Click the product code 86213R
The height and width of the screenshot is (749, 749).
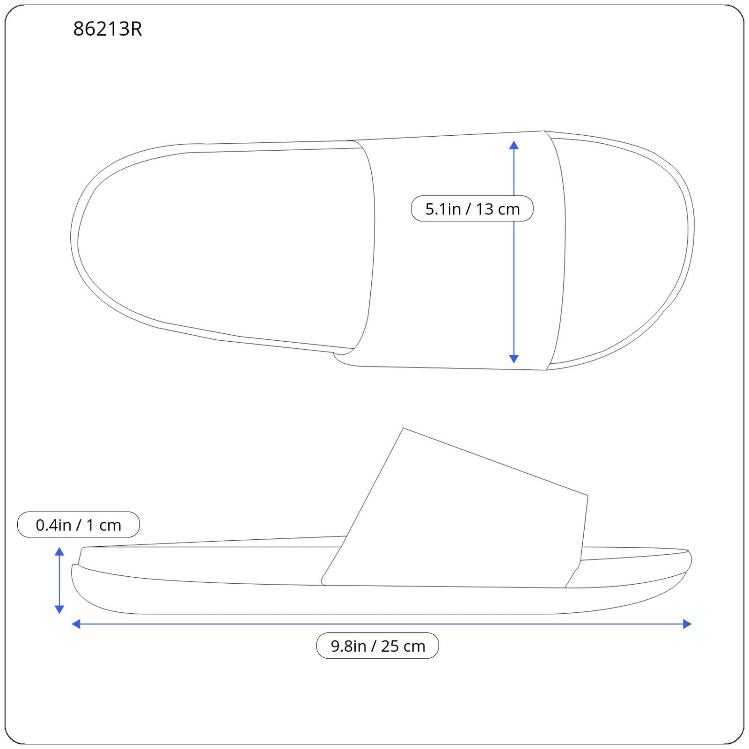tap(108, 29)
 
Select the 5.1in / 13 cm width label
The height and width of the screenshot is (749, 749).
tap(472, 209)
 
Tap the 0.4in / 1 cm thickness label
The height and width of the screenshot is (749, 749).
tap(78, 525)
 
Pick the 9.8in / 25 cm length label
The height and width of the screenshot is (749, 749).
tap(378, 646)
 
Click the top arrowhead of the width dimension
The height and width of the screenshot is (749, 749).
tap(514, 145)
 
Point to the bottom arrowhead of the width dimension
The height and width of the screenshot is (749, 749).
tap(514, 359)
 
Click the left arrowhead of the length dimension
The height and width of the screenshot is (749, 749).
tap(76, 624)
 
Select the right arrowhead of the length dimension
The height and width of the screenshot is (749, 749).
tap(688, 624)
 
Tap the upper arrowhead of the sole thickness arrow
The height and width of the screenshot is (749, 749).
tap(59, 551)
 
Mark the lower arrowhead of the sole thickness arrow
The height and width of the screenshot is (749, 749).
tap(59, 609)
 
